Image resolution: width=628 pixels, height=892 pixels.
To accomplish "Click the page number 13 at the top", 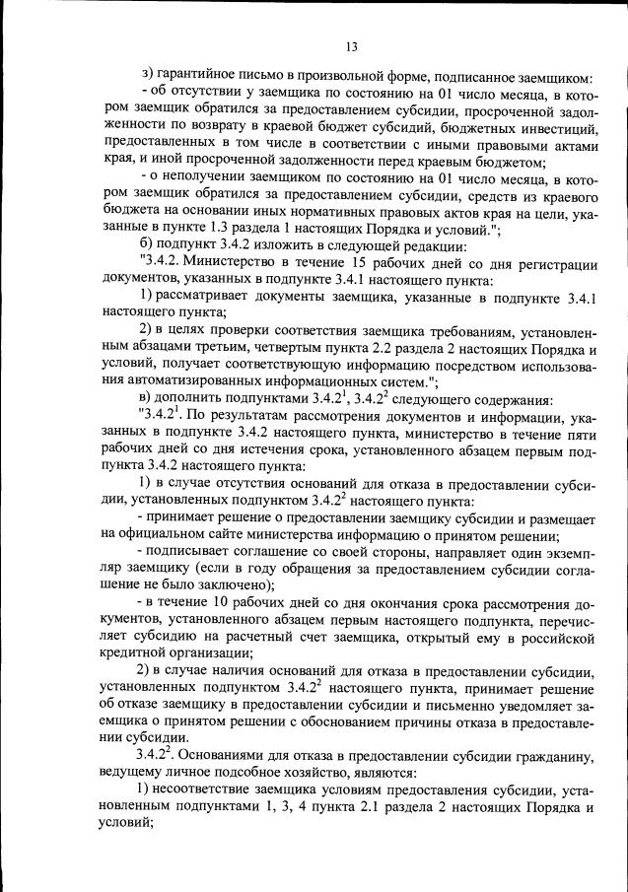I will tap(350, 45).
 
